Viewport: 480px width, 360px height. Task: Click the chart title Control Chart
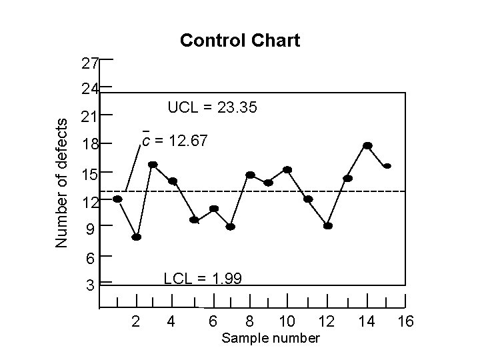pos(240,41)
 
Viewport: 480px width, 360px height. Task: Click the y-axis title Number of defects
pos(61,183)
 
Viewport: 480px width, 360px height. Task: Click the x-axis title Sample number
pos(271,338)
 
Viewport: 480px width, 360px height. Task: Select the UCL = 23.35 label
pos(213,107)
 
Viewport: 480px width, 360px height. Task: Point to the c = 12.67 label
pos(175,141)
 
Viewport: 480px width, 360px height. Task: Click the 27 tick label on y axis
pos(90,64)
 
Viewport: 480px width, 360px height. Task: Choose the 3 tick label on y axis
pos(90,286)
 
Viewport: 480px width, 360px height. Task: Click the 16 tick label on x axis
pos(405,322)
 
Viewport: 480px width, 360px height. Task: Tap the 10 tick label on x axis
pos(287,322)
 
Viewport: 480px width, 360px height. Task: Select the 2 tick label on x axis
pos(136,322)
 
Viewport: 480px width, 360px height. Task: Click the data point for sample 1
pos(117,199)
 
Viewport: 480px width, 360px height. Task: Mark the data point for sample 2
pos(136,237)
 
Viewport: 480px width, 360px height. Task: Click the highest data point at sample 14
pos(367,145)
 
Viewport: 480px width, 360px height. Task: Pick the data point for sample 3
pos(153,164)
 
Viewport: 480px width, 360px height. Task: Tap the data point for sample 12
pos(328,225)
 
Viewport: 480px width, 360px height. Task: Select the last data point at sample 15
pos(387,165)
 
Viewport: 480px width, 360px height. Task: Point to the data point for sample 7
pos(231,227)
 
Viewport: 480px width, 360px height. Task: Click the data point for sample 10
pos(287,169)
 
